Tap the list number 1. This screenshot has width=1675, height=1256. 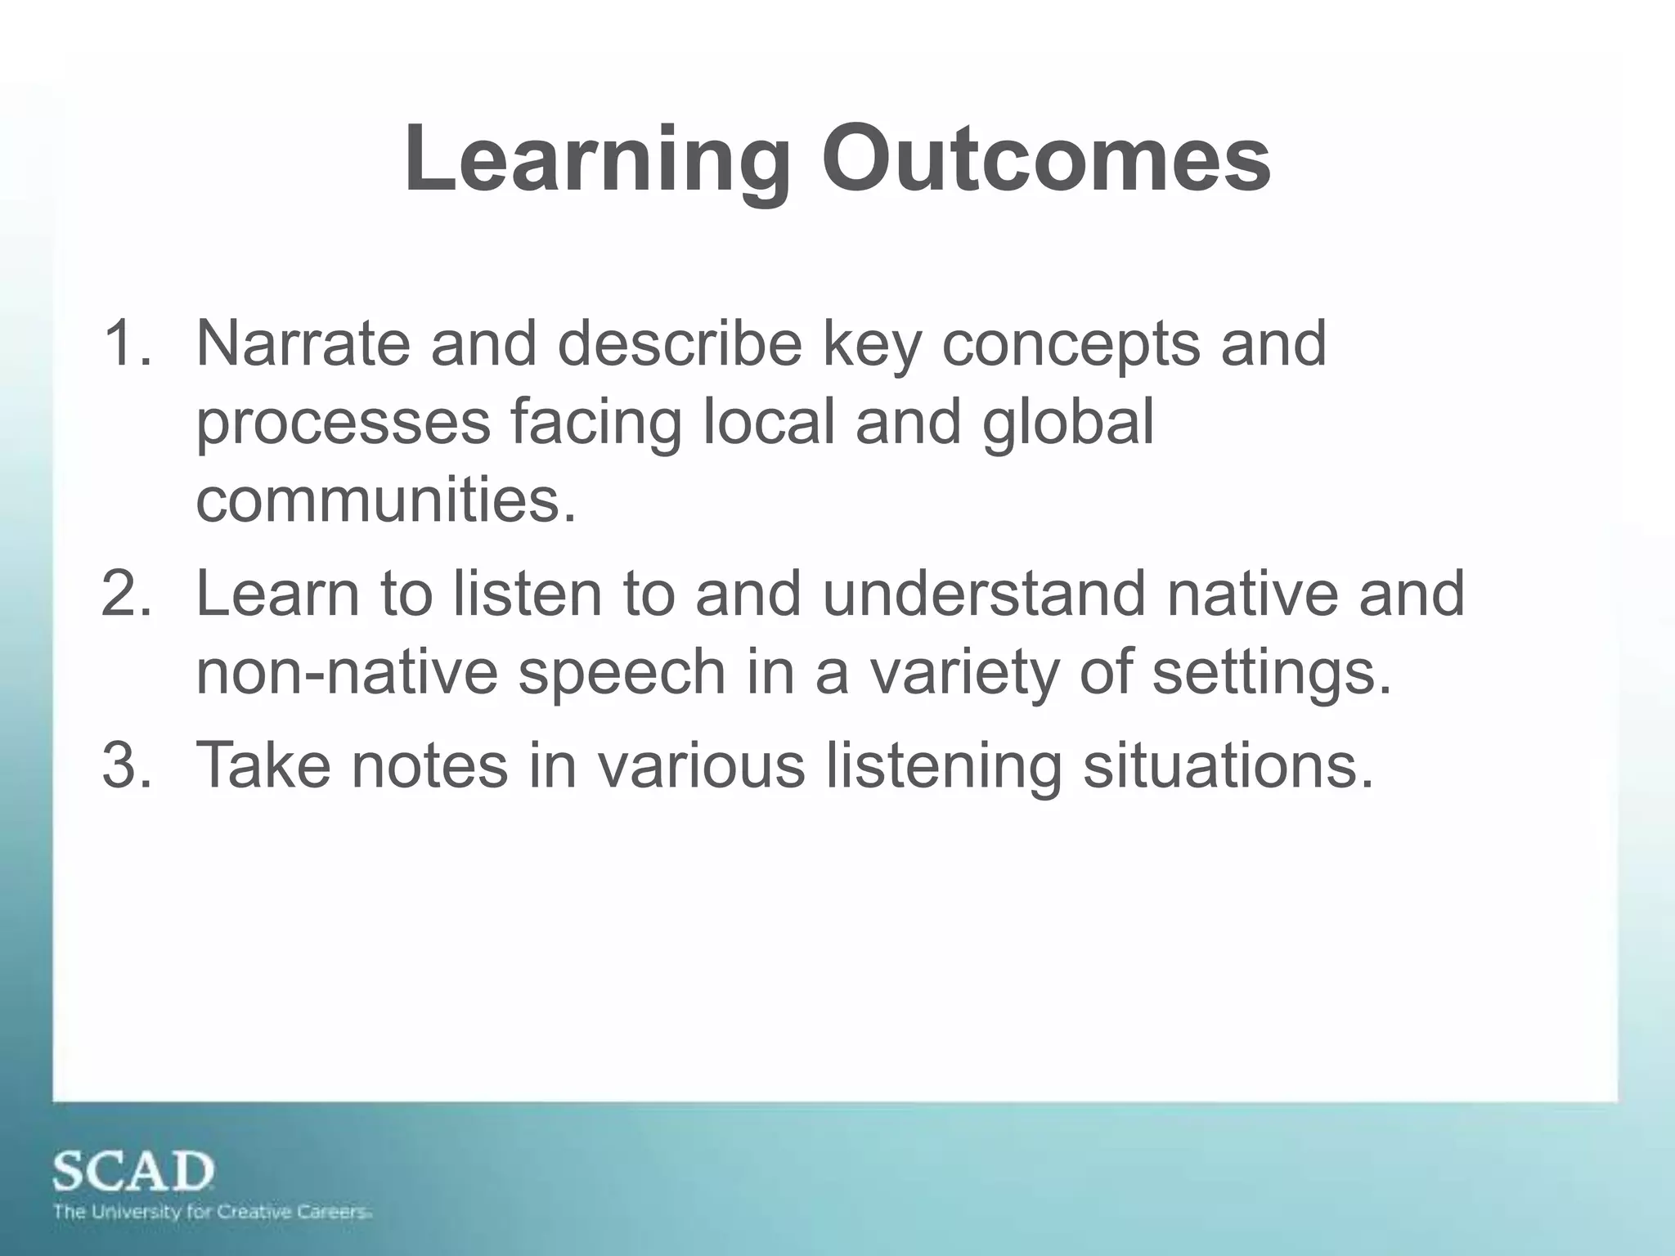(x=127, y=343)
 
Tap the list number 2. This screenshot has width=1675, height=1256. (x=127, y=594)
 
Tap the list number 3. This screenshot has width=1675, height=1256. (x=127, y=765)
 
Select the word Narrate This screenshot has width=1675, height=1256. (x=303, y=343)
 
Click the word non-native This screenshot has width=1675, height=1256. (x=347, y=673)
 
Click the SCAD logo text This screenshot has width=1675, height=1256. (x=133, y=1173)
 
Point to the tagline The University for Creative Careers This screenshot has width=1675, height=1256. (x=213, y=1212)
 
